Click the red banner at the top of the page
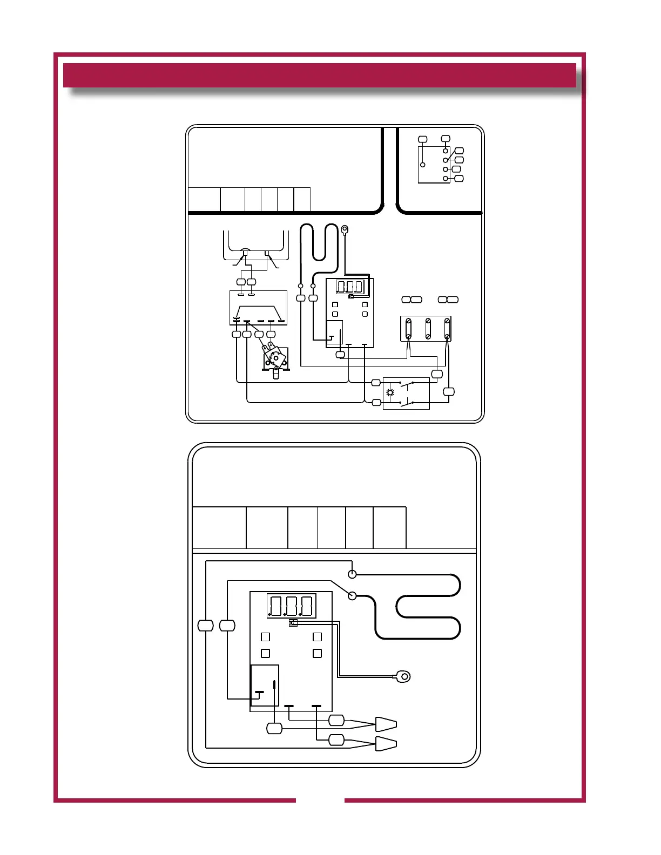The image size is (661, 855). click(x=319, y=75)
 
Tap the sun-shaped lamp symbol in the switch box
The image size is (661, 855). click(x=390, y=392)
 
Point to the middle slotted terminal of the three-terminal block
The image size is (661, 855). click(x=428, y=328)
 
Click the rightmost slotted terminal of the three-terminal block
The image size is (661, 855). click(x=447, y=328)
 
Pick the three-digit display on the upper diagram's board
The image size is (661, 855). click(x=350, y=287)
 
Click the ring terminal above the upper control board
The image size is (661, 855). click(x=345, y=229)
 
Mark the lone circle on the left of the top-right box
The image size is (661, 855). click(x=423, y=165)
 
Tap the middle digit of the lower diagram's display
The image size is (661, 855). click(x=291, y=606)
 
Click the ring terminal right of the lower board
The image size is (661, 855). click(x=403, y=676)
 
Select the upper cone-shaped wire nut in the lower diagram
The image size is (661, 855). click(x=386, y=724)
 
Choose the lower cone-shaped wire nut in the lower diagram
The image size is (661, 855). click(x=386, y=743)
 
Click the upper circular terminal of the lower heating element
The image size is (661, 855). click(x=352, y=573)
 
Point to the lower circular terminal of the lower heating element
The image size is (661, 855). click(x=352, y=595)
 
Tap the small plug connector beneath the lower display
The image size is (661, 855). click(x=293, y=623)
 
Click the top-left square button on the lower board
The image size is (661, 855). click(x=265, y=637)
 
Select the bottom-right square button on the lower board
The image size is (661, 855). click(x=317, y=653)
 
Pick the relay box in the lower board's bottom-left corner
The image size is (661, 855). click(x=265, y=685)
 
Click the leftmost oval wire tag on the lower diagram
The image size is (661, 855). click(x=206, y=626)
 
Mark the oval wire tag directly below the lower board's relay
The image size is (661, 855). click(x=274, y=729)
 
